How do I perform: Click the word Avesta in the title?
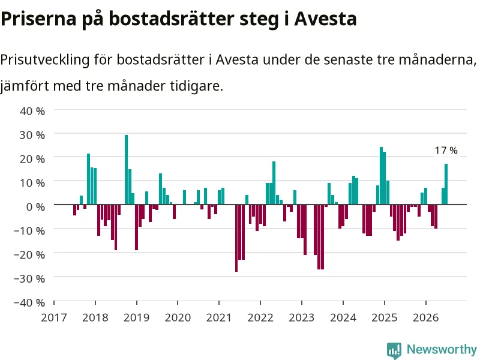click(x=325, y=19)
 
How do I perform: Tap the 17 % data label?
click(x=446, y=151)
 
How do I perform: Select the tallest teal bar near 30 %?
click(x=126, y=170)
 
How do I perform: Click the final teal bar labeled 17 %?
click(x=446, y=184)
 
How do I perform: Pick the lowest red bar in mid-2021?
click(x=236, y=238)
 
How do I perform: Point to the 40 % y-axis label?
click(x=32, y=111)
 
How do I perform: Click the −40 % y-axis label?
click(x=29, y=302)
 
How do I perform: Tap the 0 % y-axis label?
click(x=35, y=206)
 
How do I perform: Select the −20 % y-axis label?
click(x=29, y=254)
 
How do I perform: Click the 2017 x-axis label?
click(x=54, y=317)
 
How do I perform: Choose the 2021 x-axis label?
click(x=219, y=317)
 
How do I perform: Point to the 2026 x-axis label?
click(x=426, y=317)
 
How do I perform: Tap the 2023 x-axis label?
click(x=302, y=317)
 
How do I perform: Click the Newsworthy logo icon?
click(x=394, y=350)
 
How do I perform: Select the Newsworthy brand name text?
click(x=442, y=349)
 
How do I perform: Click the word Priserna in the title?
click(x=38, y=19)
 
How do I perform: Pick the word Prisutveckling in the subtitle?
click(x=45, y=59)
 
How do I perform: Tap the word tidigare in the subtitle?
click(x=197, y=86)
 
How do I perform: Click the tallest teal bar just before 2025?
click(x=381, y=176)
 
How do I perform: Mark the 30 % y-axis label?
click(x=32, y=134)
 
